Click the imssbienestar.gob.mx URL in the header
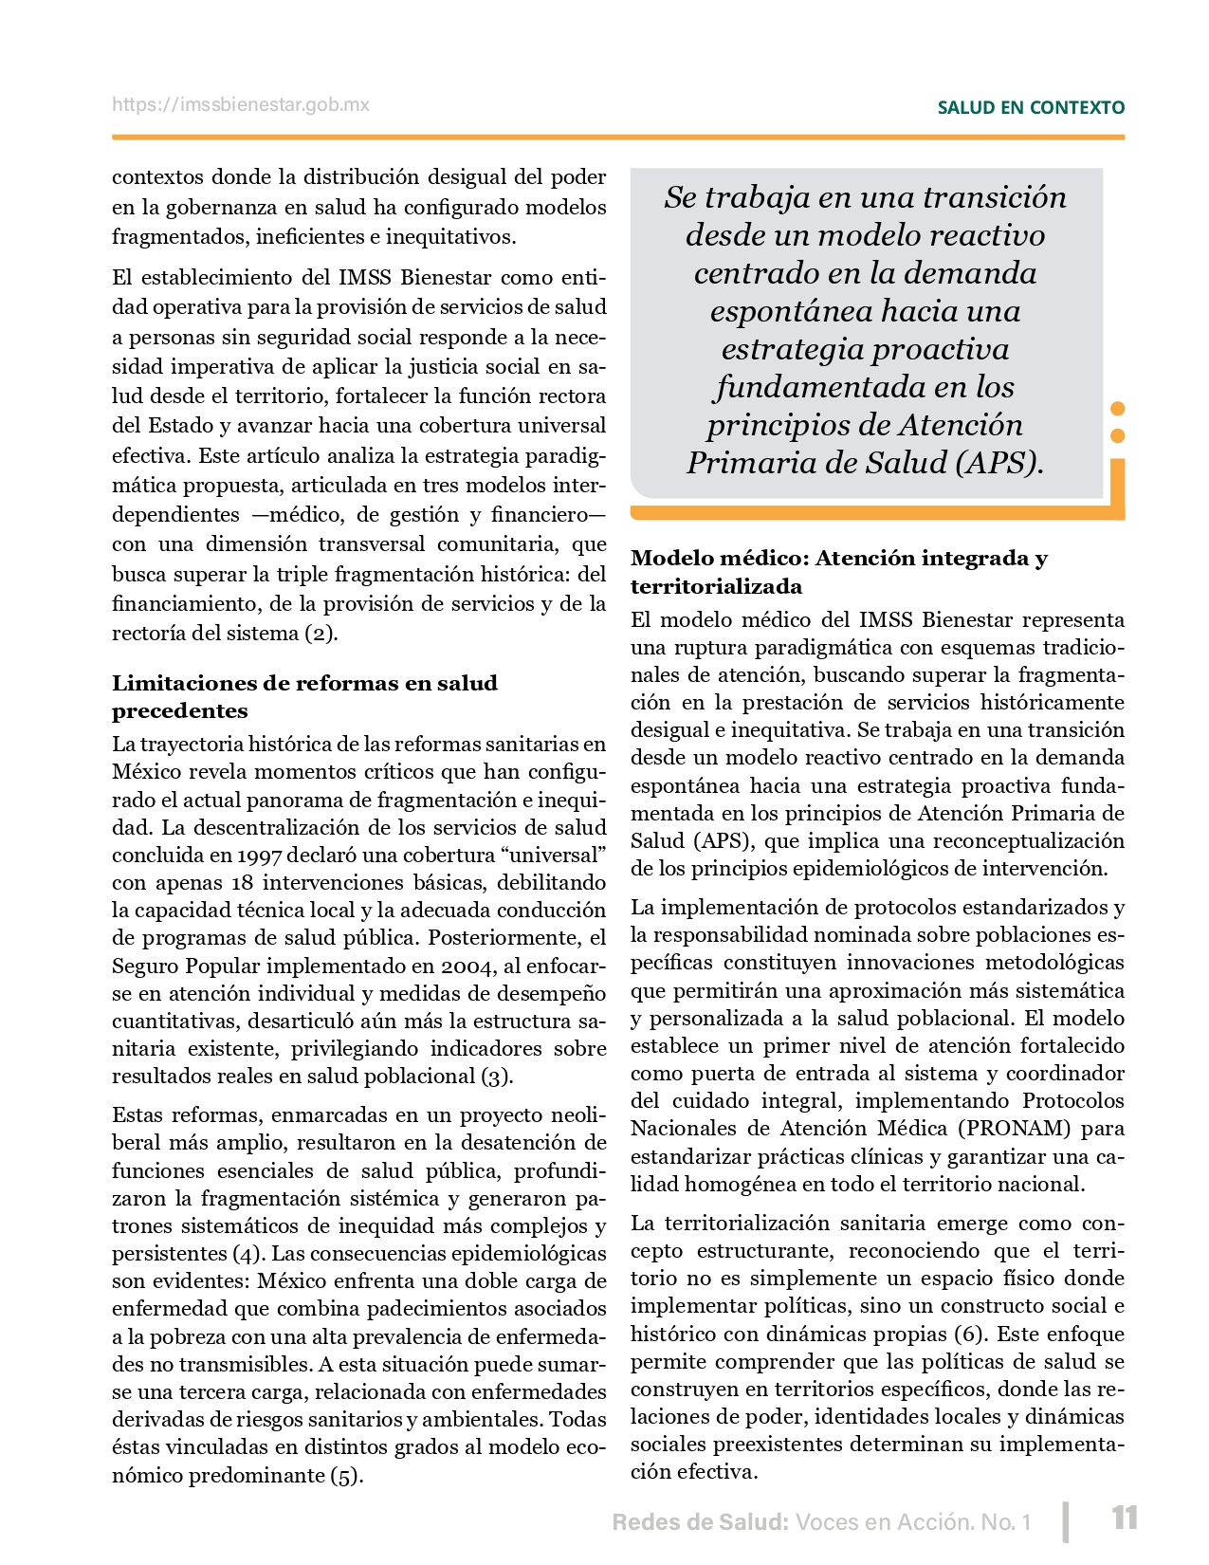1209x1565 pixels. pos(241,105)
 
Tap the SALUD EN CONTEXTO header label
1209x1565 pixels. pos(1031,108)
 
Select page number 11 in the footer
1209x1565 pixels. pos(1125,1519)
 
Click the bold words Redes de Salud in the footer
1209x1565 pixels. pos(700,1522)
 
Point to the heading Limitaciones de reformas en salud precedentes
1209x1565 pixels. pos(304,696)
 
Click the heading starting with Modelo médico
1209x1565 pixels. pos(838,572)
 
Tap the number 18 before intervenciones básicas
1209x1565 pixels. pos(242,883)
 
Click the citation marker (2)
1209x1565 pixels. pos(320,633)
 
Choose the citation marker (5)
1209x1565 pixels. pos(346,1476)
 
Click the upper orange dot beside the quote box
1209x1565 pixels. pos(1117,409)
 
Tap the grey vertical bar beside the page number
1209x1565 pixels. pos(1067,1520)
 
